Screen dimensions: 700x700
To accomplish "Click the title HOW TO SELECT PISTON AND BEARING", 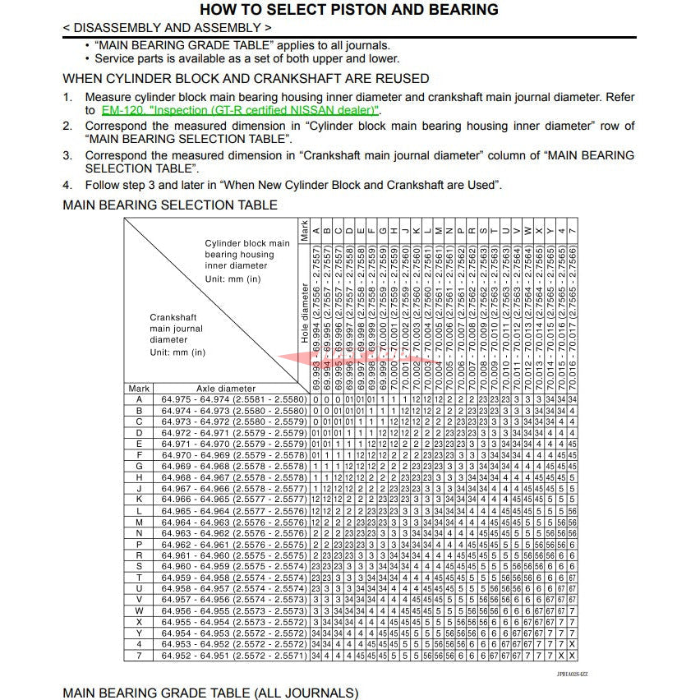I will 349,10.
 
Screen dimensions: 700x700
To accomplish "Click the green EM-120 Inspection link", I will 240,110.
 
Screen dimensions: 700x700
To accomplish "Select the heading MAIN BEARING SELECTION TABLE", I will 170,205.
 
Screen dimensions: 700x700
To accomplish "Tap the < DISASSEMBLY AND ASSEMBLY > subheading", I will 167,28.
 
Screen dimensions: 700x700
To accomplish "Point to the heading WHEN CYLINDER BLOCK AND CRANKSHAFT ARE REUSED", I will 246,79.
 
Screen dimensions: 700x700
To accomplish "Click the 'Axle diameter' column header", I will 225,389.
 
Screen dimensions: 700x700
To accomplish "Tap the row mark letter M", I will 140,522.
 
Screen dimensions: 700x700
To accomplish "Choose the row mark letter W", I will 140,610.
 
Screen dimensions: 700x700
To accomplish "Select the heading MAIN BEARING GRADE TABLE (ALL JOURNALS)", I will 210,693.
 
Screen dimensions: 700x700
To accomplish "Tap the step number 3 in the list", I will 68,155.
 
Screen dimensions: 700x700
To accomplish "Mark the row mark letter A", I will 140,399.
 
